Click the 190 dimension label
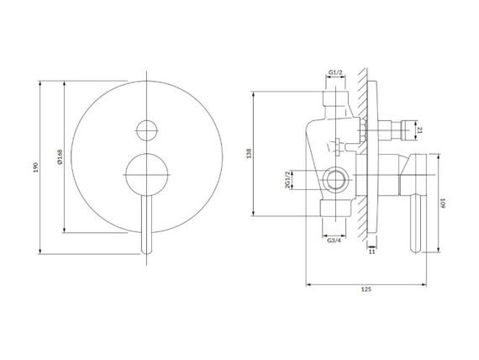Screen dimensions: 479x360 tap(36, 167)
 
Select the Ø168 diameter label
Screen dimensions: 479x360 tap(60, 157)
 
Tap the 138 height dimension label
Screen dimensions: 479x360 tap(250, 153)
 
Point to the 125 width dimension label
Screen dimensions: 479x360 tap(366, 289)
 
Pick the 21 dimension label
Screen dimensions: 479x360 tap(419, 130)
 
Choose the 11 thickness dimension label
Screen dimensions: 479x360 tap(371, 251)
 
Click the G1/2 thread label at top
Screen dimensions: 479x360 tap(335, 72)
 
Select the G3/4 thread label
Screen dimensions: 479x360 tap(334, 241)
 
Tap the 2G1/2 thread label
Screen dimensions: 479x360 tap(287, 180)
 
